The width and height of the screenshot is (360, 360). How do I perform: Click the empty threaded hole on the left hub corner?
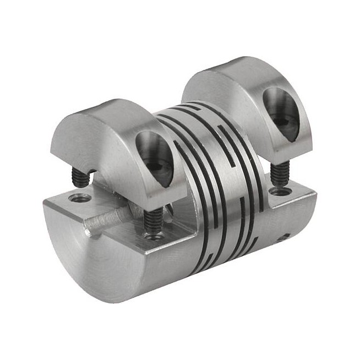(75, 197)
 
